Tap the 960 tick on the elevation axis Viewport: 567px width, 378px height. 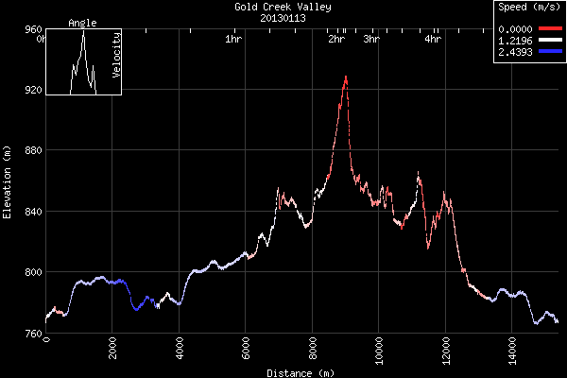(x=30, y=29)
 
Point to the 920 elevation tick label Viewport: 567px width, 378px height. (x=30, y=90)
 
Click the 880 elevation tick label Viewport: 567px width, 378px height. (x=30, y=151)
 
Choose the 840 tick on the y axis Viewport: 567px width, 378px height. (x=30, y=212)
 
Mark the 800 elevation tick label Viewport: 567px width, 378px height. (x=30, y=272)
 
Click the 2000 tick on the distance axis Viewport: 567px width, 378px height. (x=112, y=349)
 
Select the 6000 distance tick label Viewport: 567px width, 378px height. (x=246, y=349)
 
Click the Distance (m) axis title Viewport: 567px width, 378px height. (x=301, y=373)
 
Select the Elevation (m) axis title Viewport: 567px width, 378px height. (x=8, y=182)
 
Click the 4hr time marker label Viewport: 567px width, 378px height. (x=433, y=40)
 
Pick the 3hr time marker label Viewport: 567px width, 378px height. (x=371, y=40)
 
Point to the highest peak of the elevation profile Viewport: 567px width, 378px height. (x=346, y=77)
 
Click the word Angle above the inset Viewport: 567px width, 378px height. (x=82, y=23)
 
